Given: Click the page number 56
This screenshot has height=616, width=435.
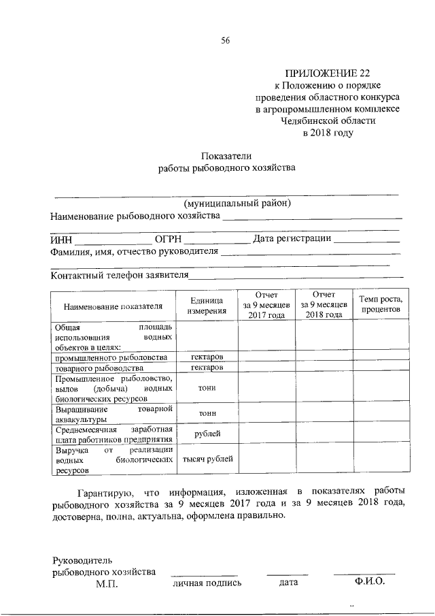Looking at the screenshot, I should point(226,40).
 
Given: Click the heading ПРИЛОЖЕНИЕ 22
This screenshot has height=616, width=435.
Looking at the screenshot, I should point(328,73).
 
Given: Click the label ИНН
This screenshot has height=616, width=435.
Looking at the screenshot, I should point(61,239).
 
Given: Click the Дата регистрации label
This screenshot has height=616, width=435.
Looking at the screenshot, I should point(292,238).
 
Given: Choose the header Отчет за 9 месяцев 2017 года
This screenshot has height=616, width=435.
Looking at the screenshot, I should point(266,305).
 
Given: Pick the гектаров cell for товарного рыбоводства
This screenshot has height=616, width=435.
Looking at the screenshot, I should point(207,368).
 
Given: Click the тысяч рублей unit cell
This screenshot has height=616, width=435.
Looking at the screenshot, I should point(207,459).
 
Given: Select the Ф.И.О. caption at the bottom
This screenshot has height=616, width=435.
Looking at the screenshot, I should point(369,582).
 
